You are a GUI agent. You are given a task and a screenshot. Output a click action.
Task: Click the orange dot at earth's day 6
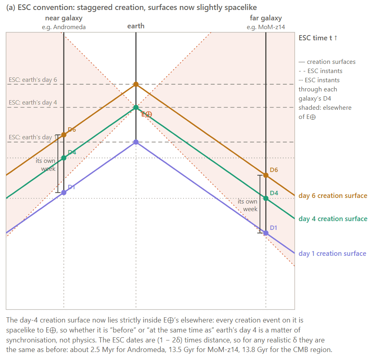pos(136,84)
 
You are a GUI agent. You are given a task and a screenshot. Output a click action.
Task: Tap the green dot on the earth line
pos(136,107)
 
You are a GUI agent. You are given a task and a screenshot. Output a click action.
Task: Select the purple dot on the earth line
pos(136,142)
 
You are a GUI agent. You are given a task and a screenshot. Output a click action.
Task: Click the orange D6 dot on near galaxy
pos(64,135)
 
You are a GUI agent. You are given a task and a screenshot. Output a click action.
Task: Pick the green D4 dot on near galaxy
pos(64,158)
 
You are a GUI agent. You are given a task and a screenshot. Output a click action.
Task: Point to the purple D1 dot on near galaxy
pos(64,193)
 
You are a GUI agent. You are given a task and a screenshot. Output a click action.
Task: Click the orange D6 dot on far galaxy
pos(266,175)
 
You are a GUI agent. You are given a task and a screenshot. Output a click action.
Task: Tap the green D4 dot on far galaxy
pos(266,198)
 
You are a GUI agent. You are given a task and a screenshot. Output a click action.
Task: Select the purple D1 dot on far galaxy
pos(266,233)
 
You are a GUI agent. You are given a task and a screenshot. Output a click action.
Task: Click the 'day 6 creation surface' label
pos(333,196)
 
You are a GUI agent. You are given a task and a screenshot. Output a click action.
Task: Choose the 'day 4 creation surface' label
pos(333,219)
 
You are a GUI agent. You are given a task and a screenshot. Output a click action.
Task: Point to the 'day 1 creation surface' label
pos(332,253)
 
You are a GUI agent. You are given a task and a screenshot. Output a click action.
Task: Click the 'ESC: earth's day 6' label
pos(33,80)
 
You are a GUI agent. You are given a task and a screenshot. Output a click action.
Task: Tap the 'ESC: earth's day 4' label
pos(33,103)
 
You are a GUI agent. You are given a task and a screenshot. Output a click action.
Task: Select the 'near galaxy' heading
pos(64,18)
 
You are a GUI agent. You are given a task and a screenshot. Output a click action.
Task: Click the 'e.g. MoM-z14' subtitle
pos(266,27)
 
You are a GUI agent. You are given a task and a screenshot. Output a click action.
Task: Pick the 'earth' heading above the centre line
pos(136,26)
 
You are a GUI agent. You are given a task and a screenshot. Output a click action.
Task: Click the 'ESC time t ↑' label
pos(318,38)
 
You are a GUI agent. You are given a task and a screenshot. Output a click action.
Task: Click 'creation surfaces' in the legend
pos(331,62)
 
